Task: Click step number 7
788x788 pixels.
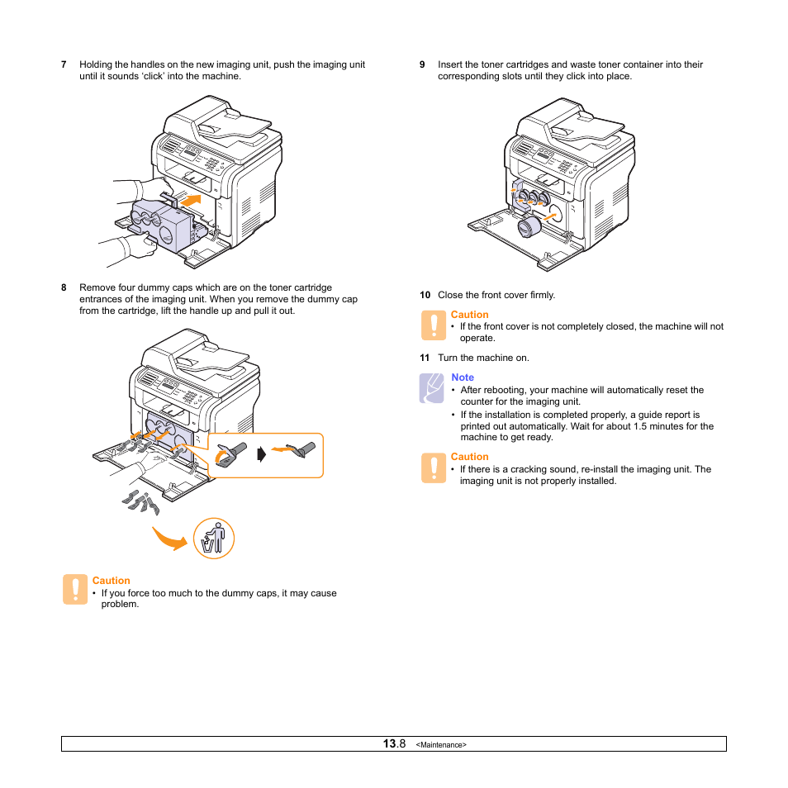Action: tap(64, 64)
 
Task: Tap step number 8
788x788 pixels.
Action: tap(64, 288)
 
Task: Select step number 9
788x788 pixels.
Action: tap(422, 64)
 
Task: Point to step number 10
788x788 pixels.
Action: tap(425, 295)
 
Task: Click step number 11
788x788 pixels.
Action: tap(425, 358)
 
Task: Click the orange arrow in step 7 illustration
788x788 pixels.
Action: tap(191, 200)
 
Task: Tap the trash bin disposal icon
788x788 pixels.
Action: tap(214, 539)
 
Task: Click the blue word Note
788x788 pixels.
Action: tap(463, 377)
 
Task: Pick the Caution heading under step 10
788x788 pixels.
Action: tap(469, 315)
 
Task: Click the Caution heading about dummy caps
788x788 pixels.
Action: tap(111, 581)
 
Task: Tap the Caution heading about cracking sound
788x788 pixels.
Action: tap(469, 457)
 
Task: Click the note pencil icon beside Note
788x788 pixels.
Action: tap(432, 388)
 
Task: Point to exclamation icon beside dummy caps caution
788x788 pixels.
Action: tap(75, 590)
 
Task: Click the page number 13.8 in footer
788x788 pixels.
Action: tap(394, 744)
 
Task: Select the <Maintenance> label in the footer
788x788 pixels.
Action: tap(441, 745)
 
